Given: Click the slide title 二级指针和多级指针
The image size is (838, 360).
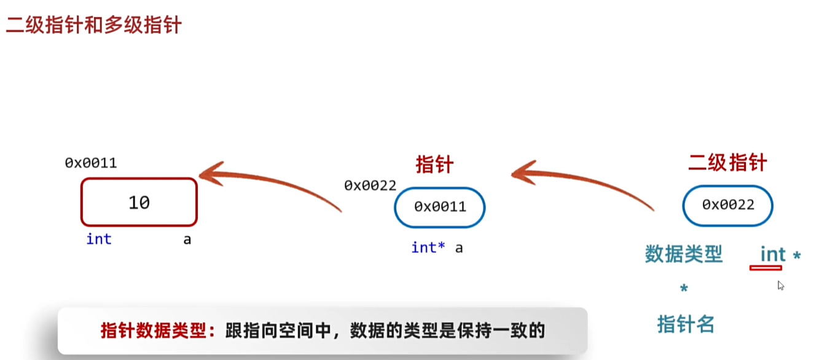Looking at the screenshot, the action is coord(93,26).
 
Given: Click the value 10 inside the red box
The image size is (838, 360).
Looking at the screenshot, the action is coord(139,202).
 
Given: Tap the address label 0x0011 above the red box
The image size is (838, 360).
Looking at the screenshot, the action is coord(91,163).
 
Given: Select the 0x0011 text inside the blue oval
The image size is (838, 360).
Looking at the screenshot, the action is coord(440,206).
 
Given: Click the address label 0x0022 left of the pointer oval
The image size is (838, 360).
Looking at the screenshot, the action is coord(370,185).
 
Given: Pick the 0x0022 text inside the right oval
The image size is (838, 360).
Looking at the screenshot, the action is coord(728,205).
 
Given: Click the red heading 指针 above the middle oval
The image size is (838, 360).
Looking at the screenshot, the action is coord(434,165).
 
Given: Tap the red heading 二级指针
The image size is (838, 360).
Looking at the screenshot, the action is coord(727,163).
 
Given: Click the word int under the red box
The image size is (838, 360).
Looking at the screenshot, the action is coord(99,239).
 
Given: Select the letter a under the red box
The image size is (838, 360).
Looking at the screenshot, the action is coord(187,240).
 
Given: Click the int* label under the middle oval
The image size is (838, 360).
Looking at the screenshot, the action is coord(428,248).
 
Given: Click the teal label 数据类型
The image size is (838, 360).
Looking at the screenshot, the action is coord(683,254).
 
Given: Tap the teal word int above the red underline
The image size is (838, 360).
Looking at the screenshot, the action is coord(773,254).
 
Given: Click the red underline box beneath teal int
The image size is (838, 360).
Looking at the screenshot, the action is coord(766,268).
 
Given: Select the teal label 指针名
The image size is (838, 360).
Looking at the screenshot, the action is coord(686,323).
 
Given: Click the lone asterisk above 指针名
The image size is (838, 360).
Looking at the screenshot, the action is coord(684,289).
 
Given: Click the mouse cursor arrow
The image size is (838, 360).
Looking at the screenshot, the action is coord(780,285).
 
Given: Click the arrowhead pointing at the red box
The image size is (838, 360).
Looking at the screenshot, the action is coord(208,173).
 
